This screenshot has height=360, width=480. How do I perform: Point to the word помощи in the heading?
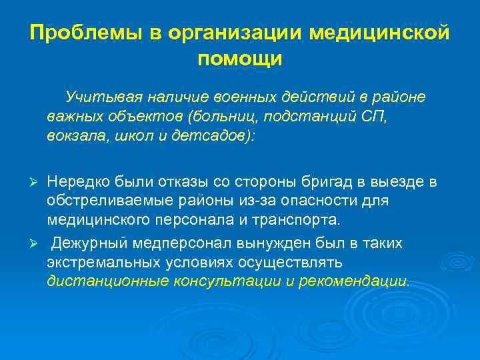(x=240, y=59)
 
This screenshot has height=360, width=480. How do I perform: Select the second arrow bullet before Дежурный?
(x=37, y=244)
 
